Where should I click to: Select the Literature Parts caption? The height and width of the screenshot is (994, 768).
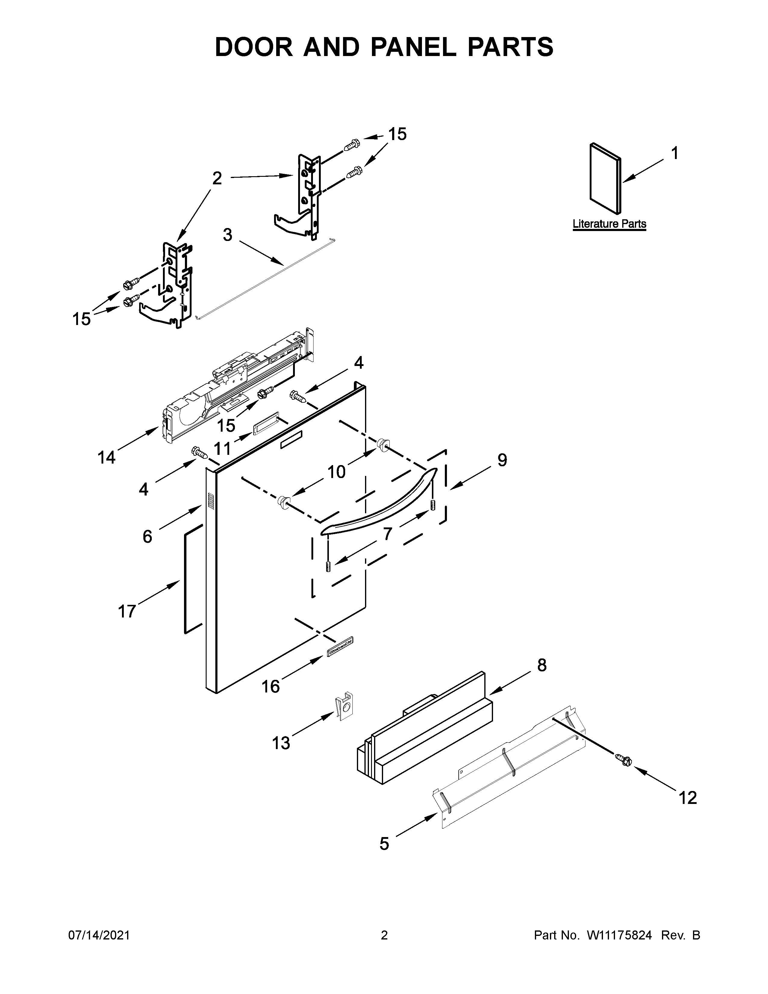(x=609, y=224)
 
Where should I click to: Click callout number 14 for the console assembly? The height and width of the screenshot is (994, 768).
(x=106, y=458)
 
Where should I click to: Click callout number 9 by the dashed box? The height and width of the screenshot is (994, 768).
(x=502, y=460)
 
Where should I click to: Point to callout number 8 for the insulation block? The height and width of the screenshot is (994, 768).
(x=542, y=665)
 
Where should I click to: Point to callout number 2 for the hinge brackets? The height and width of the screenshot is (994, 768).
(x=217, y=178)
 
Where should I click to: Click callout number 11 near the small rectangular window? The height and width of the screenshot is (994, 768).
(x=223, y=449)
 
